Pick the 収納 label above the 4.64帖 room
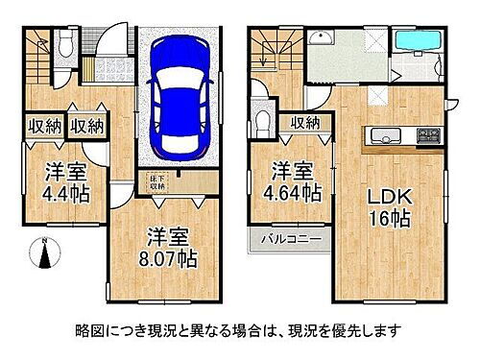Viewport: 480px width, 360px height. coord(305,122)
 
